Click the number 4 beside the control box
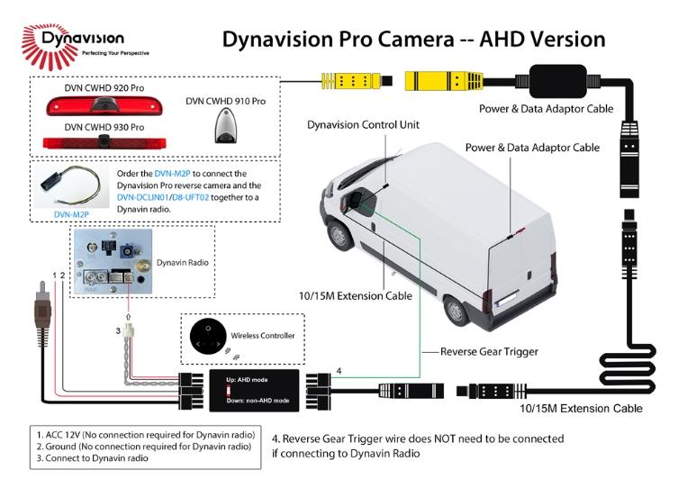point(339,369)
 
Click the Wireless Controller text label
point(265,336)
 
